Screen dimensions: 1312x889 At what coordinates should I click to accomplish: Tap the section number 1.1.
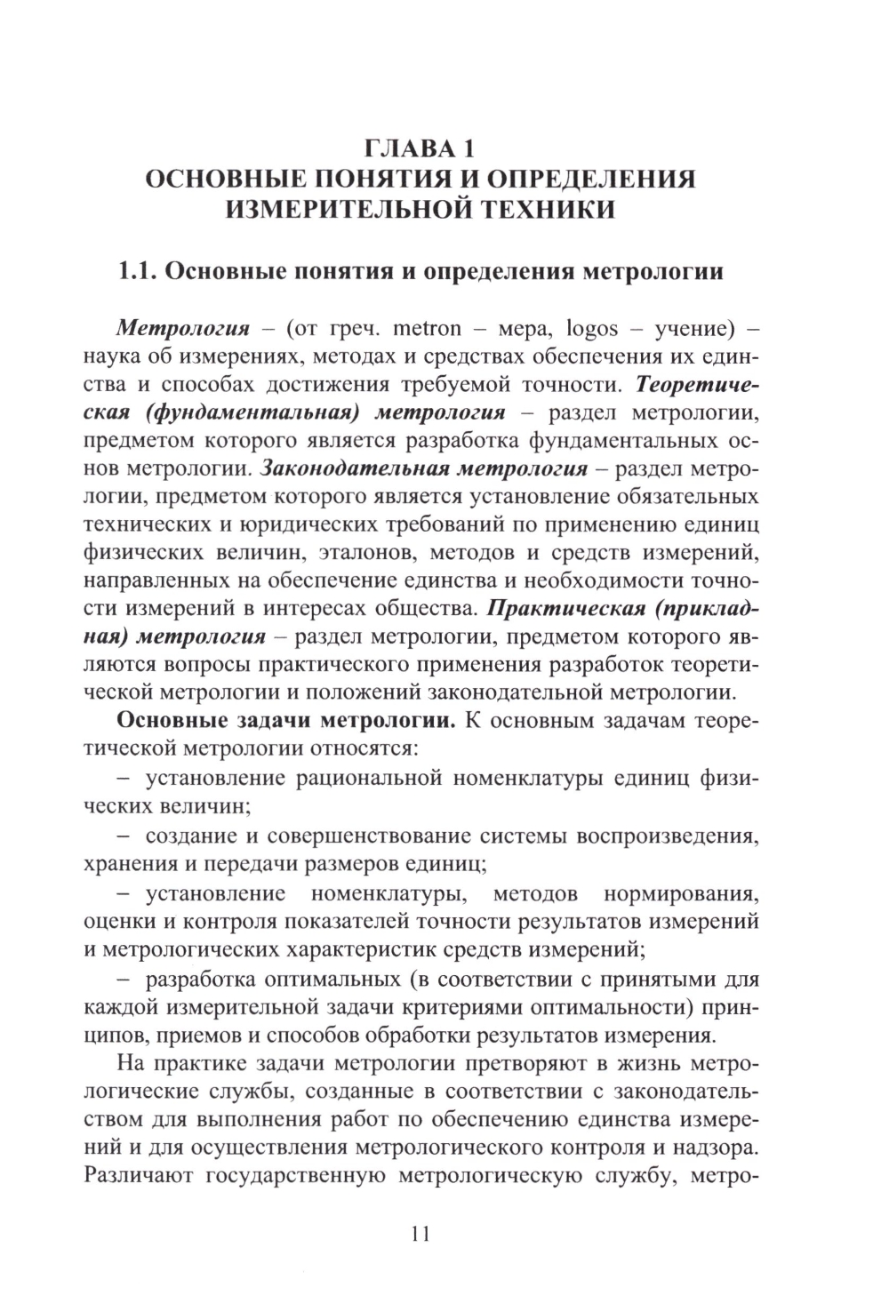click(x=138, y=270)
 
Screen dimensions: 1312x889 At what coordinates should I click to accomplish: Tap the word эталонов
click(x=365, y=553)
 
